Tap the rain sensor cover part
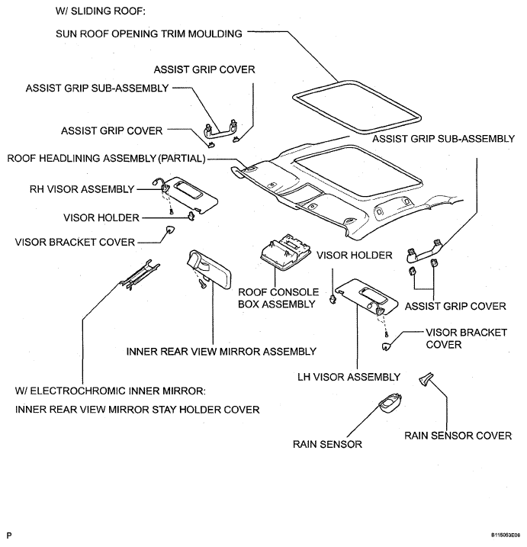(x=426, y=379)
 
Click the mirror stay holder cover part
(x=140, y=275)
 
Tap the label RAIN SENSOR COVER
(x=458, y=436)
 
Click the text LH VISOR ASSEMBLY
(x=349, y=377)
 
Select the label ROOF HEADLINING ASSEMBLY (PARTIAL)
(x=106, y=159)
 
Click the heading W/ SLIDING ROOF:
(x=101, y=11)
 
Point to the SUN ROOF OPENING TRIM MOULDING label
(x=149, y=34)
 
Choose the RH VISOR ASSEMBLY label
(x=82, y=189)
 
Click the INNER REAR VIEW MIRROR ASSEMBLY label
(x=221, y=352)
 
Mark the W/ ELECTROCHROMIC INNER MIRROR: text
(x=111, y=391)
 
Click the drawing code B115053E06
(x=508, y=535)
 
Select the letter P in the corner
(x=9, y=536)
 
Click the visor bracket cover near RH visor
(x=170, y=230)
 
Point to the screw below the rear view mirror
(x=202, y=284)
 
